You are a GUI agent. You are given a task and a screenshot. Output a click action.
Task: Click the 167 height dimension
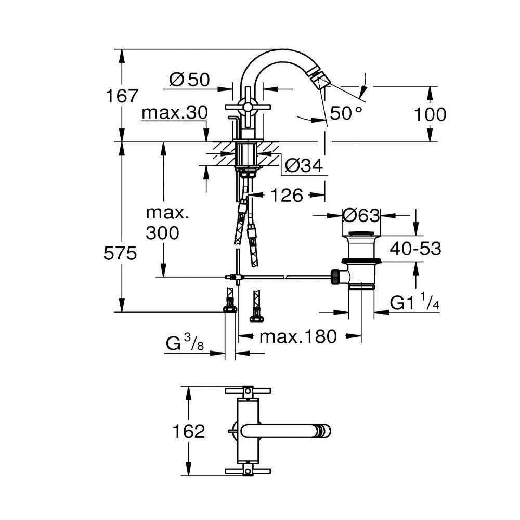pyautogui.click(x=122, y=96)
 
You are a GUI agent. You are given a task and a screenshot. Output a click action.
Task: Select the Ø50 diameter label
pyautogui.click(x=190, y=80)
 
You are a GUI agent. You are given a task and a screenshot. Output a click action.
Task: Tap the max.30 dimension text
pyautogui.click(x=175, y=113)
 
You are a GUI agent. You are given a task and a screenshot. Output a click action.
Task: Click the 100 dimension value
pyautogui.click(x=430, y=115)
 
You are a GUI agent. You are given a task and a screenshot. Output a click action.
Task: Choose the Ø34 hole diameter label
pyautogui.click(x=304, y=165)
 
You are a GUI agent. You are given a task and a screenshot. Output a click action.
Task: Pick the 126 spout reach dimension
pyautogui.click(x=287, y=195)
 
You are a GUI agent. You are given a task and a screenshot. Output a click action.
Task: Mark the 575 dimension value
pyautogui.click(x=120, y=254)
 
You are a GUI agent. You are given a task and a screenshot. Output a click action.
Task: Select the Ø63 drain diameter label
pyautogui.click(x=361, y=216)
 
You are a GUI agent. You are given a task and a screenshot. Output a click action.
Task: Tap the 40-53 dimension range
pyautogui.click(x=415, y=249)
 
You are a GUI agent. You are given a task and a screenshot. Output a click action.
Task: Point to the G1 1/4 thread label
pyautogui.click(x=414, y=302)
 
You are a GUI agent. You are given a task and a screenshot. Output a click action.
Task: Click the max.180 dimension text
pyautogui.click(x=298, y=336)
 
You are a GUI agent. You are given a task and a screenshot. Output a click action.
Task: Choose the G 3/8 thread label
pyautogui.click(x=185, y=343)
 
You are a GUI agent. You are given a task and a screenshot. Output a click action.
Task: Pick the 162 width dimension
pyautogui.click(x=189, y=432)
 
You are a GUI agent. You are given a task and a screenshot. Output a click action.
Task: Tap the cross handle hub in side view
pyautogui.click(x=248, y=107)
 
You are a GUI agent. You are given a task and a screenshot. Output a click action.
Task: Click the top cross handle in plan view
pyautogui.click(x=248, y=391)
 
